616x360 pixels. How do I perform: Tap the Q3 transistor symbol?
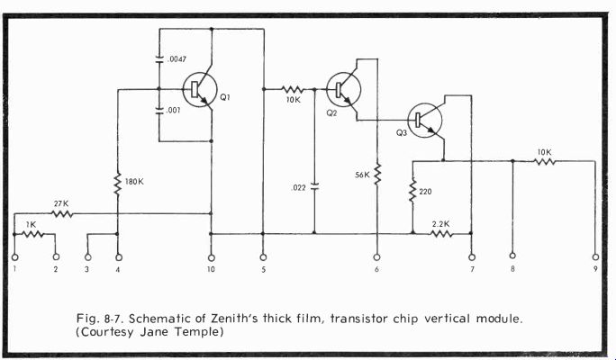[426, 120]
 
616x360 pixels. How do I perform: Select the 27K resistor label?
[61, 203]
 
